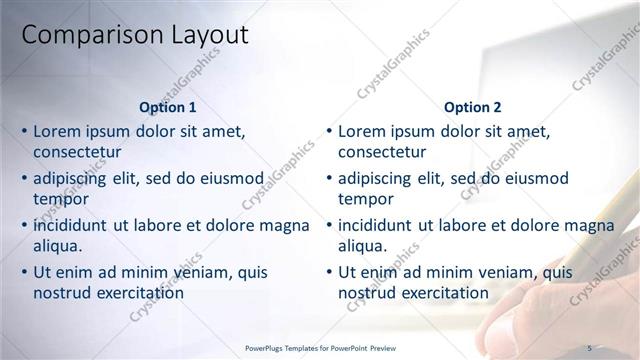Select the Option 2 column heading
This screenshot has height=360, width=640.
pyautogui.click(x=472, y=107)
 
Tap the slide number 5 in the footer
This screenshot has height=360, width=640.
pyautogui.click(x=589, y=347)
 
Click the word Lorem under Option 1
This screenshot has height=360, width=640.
pyautogui.click(x=59, y=131)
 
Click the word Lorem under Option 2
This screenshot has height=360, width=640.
pyautogui.click(x=364, y=131)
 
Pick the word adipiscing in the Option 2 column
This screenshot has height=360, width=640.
pyautogui.click(x=374, y=178)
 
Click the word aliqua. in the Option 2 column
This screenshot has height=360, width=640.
pyautogui.click(x=363, y=246)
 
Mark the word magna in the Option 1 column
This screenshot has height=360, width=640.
pyautogui.click(x=284, y=225)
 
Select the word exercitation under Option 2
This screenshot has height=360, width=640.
pyautogui.click(x=443, y=293)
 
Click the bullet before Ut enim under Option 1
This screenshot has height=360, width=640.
pyautogui.click(x=24, y=272)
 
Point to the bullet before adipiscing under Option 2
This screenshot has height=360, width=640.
pyautogui.click(x=328, y=178)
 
